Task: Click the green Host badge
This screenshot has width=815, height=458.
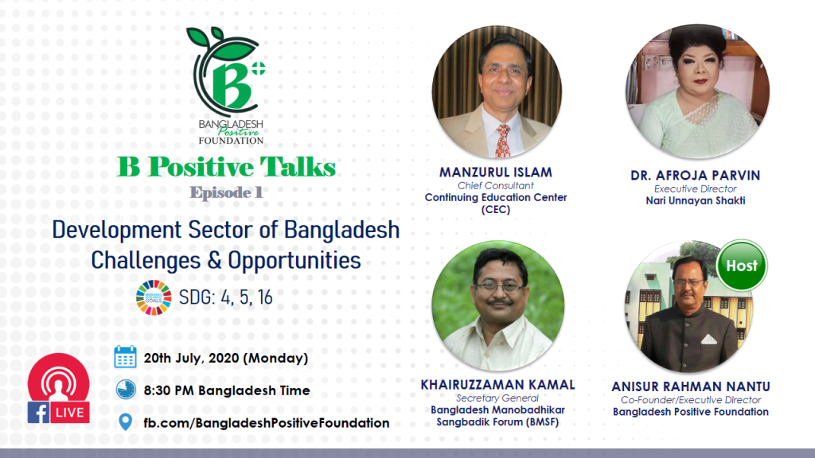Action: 741,266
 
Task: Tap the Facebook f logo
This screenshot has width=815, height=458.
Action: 39,413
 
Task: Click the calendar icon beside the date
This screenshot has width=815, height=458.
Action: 125,357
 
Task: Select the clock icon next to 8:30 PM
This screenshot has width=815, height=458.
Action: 125,390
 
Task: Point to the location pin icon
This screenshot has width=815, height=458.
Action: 125,422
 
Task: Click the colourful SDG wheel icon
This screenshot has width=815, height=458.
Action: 154,297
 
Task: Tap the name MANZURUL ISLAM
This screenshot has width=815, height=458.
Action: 496,173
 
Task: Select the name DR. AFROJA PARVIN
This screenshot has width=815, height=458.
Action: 696,176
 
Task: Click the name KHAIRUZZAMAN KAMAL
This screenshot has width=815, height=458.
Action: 498,385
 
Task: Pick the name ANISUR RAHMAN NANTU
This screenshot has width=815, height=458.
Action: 691,387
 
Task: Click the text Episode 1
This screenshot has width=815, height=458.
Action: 226,192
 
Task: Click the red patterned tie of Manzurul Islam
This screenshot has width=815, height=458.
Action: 503,140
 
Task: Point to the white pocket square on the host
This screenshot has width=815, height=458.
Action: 709,340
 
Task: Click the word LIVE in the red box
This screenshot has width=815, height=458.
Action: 70,413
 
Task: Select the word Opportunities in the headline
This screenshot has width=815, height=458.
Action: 294,260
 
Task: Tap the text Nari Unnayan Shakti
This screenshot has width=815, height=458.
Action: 696,200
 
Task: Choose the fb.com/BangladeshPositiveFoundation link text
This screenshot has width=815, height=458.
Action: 267,423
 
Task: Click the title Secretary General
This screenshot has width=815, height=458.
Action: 497,398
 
